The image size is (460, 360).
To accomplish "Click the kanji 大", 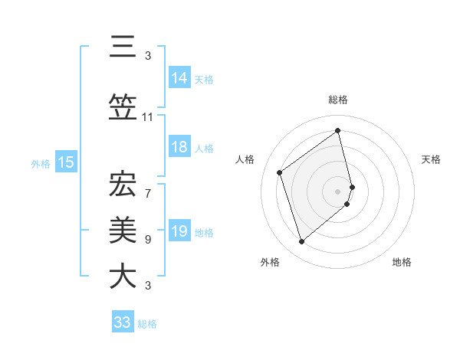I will tap(123, 276).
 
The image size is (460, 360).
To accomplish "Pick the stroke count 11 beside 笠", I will tap(148, 117).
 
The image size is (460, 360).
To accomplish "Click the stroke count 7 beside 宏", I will tap(148, 185).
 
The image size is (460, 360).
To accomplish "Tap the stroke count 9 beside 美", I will tap(148, 240).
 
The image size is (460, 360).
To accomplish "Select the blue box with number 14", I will tap(179, 78).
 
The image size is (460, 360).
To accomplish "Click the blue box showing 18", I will tap(179, 148).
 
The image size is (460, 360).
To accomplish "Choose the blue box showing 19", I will tap(179, 232).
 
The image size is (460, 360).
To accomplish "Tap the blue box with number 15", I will tap(65, 162).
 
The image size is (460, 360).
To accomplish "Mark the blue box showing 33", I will tap(123, 322).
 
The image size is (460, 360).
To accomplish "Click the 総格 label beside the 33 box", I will tap(147, 324).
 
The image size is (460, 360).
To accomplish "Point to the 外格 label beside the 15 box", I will tap(41, 163).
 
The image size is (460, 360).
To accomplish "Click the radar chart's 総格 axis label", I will tap(338, 100).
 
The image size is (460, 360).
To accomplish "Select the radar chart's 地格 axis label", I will tap(402, 262).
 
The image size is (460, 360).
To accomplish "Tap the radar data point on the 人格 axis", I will tap(280, 172).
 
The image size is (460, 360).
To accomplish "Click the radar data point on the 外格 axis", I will tap(301, 242).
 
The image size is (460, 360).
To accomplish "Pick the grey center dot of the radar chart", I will tap(338, 191).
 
